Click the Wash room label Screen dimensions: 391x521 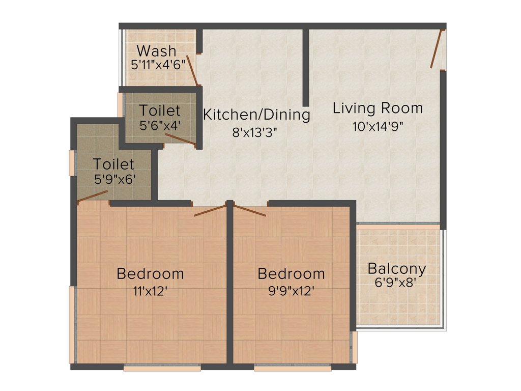(157, 51)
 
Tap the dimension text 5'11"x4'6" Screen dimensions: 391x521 (158, 65)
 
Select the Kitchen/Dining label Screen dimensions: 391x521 (256, 115)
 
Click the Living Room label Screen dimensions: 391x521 (378, 108)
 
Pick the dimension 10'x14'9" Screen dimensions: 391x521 (378, 126)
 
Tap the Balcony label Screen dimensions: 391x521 (397, 268)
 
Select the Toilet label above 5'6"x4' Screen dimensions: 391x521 (160, 110)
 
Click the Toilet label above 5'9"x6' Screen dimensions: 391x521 (113, 164)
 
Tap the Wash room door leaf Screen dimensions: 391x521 (192, 70)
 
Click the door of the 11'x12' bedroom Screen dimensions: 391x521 (210, 210)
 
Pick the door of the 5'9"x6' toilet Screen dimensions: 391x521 (92, 196)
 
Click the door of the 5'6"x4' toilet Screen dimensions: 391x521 (180, 140)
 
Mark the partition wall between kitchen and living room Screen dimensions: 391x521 (306, 66)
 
